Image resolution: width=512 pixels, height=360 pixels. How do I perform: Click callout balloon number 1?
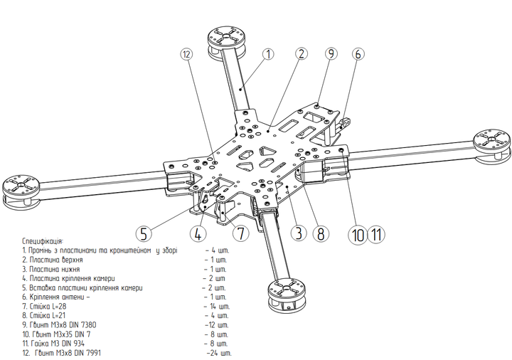point(268,53)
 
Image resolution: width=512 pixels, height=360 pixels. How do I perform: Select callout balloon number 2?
point(302,53)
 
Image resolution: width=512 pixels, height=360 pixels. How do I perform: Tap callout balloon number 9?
point(331,53)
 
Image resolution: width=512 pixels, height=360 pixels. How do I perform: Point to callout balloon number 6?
point(358,53)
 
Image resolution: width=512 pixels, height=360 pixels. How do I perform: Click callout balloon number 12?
point(186,54)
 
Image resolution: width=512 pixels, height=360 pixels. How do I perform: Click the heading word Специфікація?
point(43,242)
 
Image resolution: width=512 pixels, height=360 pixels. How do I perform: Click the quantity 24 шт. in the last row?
point(218,352)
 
